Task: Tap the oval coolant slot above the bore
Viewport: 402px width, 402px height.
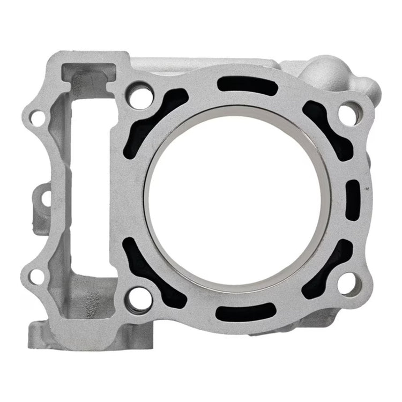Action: coord(247,85)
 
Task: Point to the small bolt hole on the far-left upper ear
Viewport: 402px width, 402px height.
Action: coord(36,117)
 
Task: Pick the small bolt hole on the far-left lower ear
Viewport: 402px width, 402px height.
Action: coord(36,276)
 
